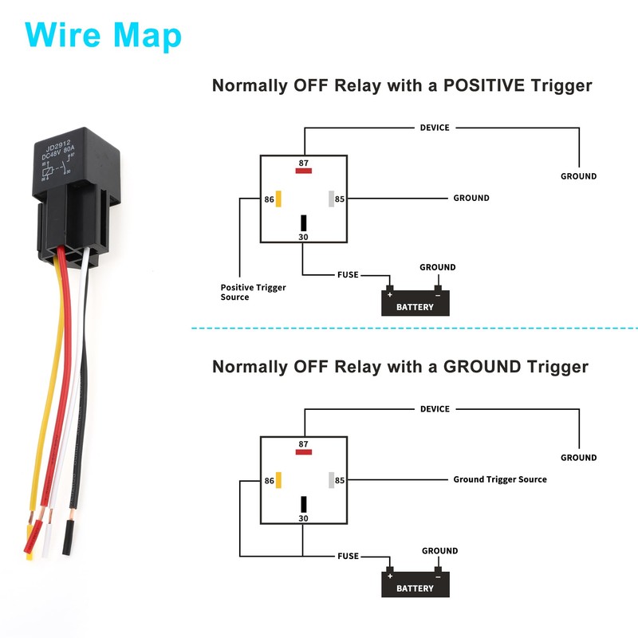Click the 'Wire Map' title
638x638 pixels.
(103, 35)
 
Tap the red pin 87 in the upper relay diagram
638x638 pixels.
(303, 170)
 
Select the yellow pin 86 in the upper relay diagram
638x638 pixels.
(278, 199)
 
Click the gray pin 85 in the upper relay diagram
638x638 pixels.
(329, 199)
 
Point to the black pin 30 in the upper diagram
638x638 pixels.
(303, 223)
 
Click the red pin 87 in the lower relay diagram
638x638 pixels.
(303, 452)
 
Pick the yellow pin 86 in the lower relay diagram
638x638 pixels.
(278, 480)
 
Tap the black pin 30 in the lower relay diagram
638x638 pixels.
(303, 504)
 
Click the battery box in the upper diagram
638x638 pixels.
(415, 304)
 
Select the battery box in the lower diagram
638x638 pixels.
(415, 585)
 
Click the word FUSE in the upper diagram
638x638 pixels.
(348, 275)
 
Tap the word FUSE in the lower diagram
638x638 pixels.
(348, 556)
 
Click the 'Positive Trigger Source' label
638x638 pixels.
(253, 292)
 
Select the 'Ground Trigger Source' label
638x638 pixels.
(500, 479)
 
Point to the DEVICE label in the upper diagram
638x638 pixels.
(435, 128)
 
